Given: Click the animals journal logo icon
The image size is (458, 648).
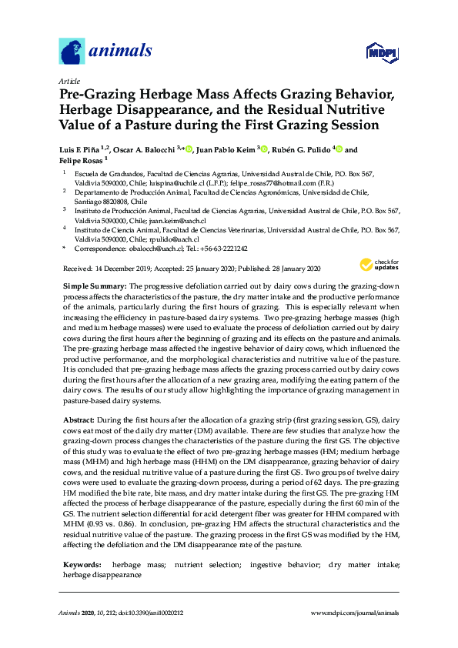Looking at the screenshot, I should [x=72, y=52].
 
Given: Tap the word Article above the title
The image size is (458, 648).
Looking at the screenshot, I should [x=69, y=80].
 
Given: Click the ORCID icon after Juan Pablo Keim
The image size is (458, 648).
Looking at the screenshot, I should [x=264, y=149].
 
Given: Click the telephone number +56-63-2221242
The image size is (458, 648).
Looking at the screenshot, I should [x=224, y=249].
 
